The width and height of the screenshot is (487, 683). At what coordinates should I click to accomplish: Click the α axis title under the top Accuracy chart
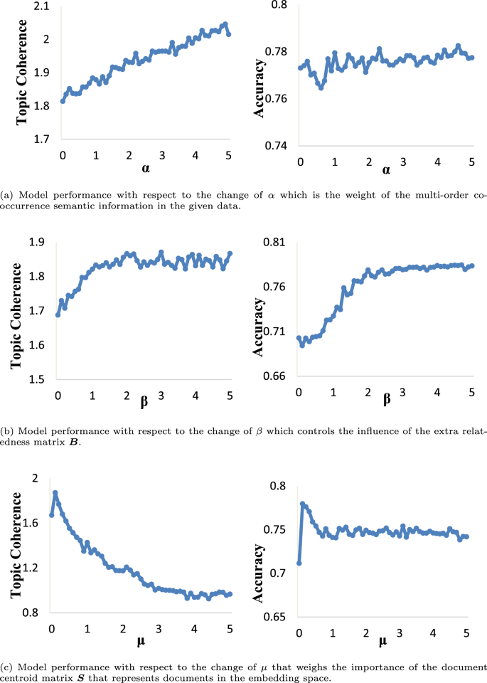(386, 171)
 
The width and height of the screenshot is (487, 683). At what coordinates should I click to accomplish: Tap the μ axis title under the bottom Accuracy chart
(382, 642)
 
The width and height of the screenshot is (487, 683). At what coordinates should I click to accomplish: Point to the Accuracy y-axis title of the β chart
(260, 327)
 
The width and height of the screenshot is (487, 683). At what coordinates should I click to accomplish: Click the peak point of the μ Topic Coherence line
(55, 493)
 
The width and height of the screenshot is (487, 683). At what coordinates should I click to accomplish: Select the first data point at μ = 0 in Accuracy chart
(299, 563)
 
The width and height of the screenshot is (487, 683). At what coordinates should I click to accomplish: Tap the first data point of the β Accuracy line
(299, 338)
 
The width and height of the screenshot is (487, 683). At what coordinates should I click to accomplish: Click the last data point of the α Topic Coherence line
(228, 33)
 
